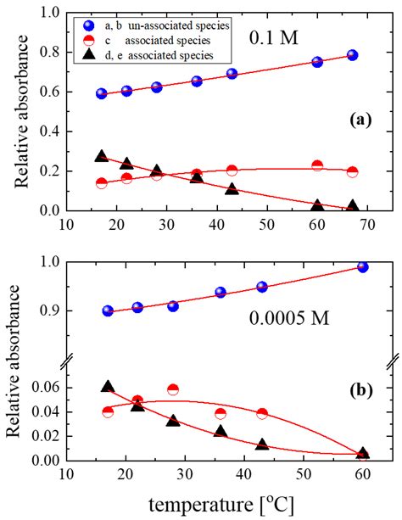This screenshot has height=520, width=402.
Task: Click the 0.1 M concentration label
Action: pos(272,38)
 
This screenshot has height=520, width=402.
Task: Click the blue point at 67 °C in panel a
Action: pos(352,55)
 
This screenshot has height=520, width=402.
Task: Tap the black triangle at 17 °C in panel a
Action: pos(102,156)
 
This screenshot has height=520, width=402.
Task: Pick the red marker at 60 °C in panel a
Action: pos(317,165)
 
